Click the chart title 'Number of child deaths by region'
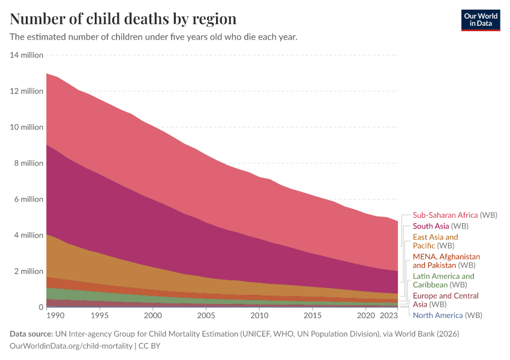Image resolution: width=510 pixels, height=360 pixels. coord(123,19)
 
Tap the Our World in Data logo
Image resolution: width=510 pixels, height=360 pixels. coord(480,20)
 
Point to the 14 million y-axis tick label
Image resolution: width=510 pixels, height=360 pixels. coord(27,55)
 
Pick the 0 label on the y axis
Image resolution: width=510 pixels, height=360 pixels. coord(40,307)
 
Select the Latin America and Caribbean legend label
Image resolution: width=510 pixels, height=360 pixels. coord(443,280)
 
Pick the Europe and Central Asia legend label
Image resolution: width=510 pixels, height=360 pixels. coord(445,300)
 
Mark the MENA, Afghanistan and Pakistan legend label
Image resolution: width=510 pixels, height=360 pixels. coord(446,260)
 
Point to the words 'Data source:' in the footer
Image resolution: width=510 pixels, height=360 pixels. coord(32,334)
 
